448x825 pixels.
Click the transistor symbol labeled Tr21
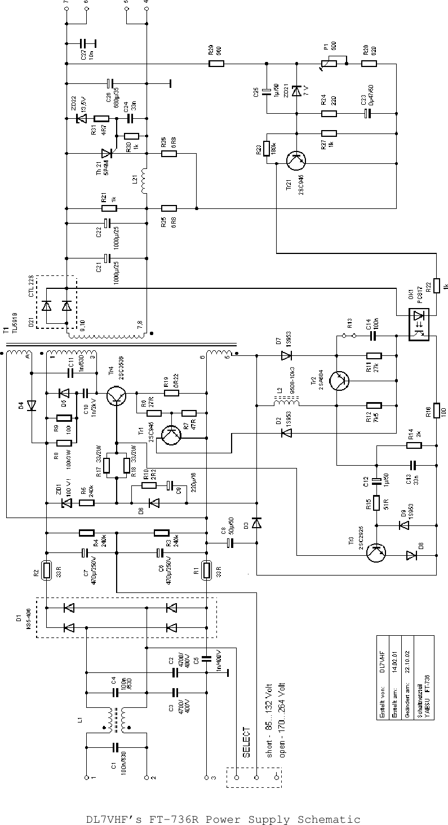(x=296, y=160)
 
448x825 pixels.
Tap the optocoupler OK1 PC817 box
(x=418, y=324)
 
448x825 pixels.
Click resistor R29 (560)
(x=216, y=64)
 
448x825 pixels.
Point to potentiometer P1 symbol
(x=329, y=63)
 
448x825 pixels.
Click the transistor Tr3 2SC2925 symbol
(x=375, y=553)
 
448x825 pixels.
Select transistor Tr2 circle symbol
(x=339, y=381)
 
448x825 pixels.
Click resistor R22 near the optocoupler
(x=436, y=286)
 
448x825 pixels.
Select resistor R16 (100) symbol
(x=436, y=412)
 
